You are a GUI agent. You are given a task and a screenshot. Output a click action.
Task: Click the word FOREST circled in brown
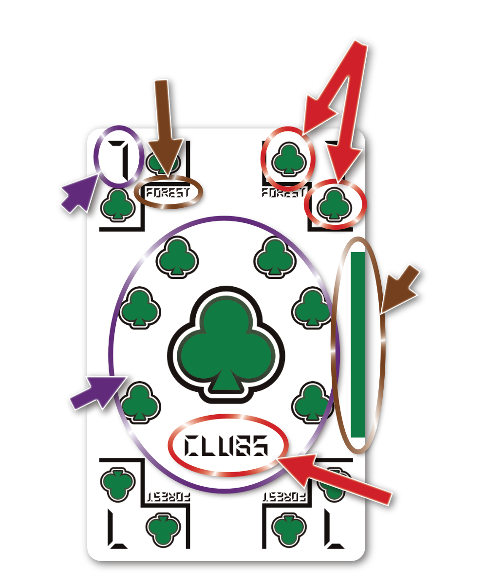coord(168,193)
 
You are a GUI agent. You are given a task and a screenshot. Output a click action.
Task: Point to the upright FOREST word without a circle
coord(283,193)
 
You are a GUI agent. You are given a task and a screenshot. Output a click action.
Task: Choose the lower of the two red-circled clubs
coord(334,204)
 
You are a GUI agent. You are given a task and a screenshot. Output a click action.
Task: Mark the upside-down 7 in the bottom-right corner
coord(336,529)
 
